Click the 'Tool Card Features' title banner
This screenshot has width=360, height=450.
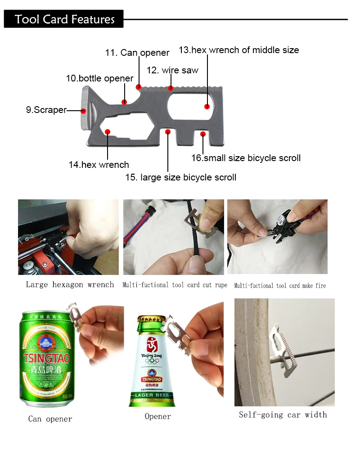(x=64, y=19)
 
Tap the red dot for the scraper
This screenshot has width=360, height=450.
(x=83, y=111)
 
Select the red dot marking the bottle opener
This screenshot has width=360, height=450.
(x=124, y=102)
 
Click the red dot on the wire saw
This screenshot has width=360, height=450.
(x=171, y=88)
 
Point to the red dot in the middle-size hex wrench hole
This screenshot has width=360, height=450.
(x=207, y=107)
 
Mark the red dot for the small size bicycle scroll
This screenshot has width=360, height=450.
(x=203, y=134)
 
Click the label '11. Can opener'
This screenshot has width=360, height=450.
(x=137, y=53)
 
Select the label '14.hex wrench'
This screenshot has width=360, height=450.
(x=99, y=165)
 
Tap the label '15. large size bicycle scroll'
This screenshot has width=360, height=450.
(x=180, y=177)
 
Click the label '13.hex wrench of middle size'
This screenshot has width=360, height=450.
(x=239, y=50)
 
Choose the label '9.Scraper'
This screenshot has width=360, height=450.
(x=46, y=110)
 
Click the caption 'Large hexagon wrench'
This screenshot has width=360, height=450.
(x=70, y=284)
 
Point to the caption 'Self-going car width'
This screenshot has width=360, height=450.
(x=283, y=415)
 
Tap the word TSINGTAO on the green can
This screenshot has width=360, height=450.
(x=46, y=358)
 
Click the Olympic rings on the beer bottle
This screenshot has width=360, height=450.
(x=152, y=361)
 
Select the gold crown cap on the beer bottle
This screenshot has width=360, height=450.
(x=152, y=319)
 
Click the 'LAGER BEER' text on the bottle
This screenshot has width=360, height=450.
(x=152, y=395)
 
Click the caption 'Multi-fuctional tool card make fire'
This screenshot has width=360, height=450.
(x=280, y=286)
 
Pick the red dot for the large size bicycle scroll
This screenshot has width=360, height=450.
(x=168, y=132)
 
